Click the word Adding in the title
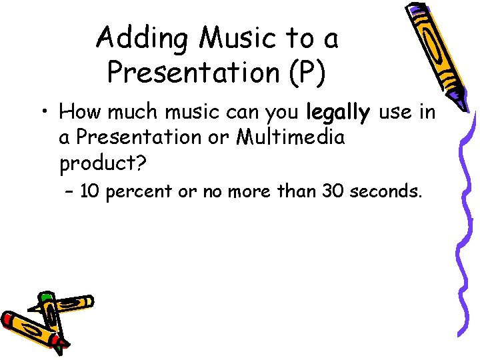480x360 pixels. pos(137,39)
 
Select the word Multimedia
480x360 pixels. pos(288,138)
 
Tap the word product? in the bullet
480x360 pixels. pos(101,163)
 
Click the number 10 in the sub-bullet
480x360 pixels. pos(91,193)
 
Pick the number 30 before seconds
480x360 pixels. pos(333,193)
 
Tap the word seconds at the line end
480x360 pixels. pos(385,193)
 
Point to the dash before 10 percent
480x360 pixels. pos(70,193)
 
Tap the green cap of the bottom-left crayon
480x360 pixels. pos(46,296)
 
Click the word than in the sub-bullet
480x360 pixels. pos(297,193)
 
